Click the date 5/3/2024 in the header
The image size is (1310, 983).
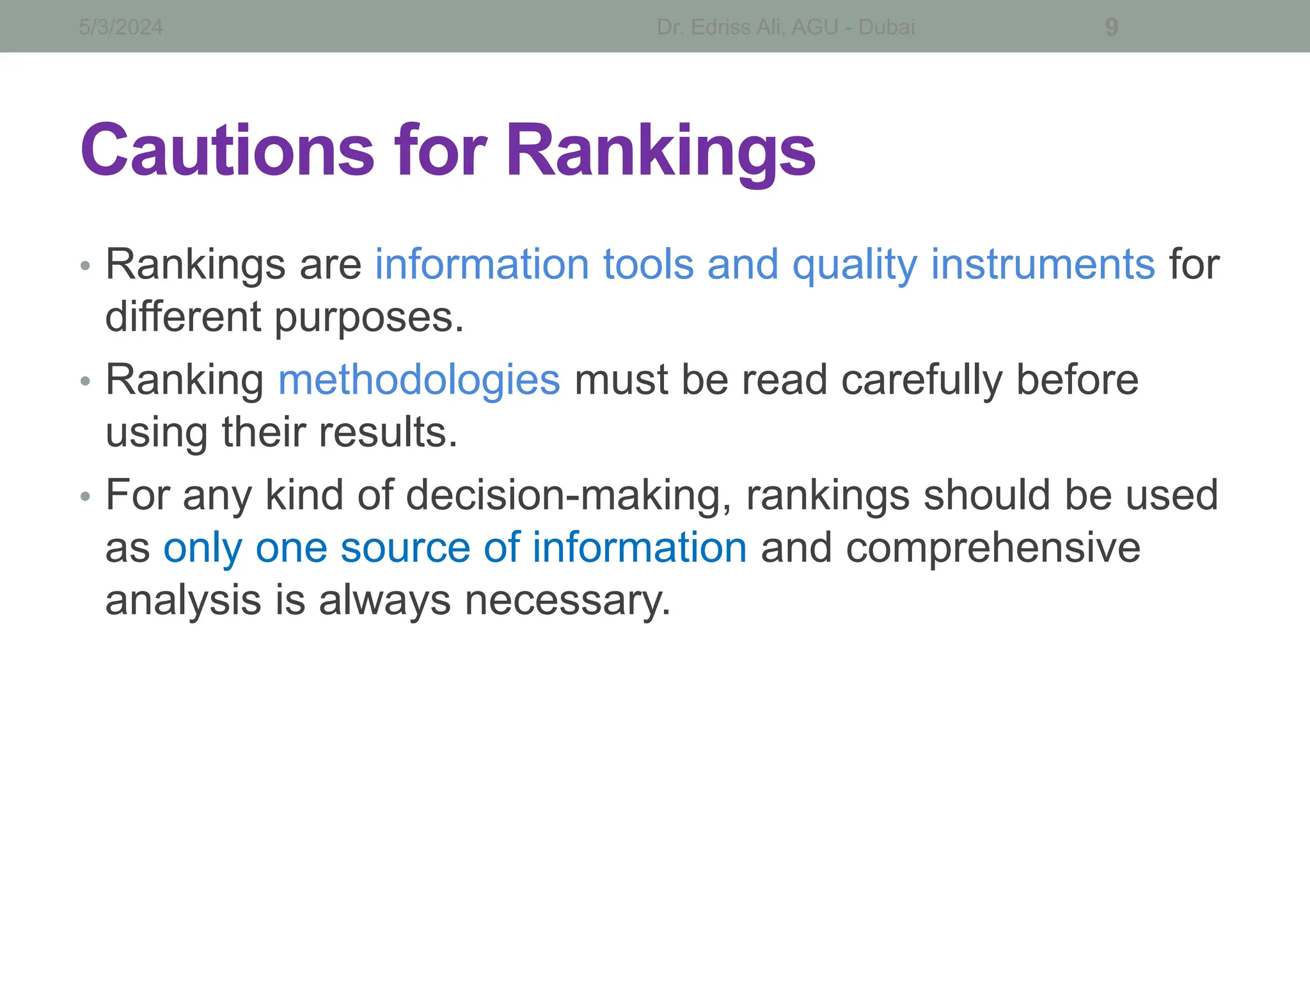121,28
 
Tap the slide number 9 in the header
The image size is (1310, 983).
1112,28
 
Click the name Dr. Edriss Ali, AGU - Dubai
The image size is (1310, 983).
785,28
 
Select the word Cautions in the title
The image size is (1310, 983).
227,150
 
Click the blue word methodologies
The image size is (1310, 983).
419,380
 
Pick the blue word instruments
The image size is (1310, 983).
1043,264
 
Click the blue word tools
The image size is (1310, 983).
648,264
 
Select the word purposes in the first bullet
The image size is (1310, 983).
369,318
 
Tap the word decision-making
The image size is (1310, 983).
569,496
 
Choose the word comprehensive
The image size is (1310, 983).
993,549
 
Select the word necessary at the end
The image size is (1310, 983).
567,601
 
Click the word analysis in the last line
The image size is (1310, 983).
183,601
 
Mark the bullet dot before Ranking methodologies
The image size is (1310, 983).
86,381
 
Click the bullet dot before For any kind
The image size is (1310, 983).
86,497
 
